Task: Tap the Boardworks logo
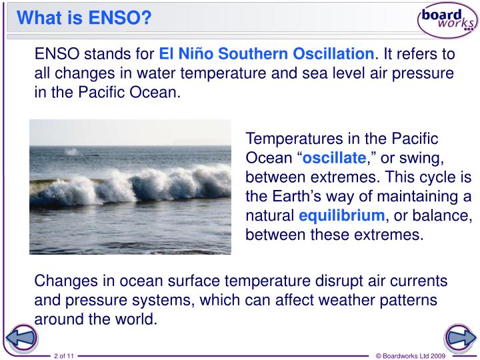click(447, 20)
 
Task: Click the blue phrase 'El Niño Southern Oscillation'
click(266, 54)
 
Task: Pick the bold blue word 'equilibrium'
click(342, 216)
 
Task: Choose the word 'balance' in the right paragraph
click(447, 216)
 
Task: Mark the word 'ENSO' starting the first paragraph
click(57, 54)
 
